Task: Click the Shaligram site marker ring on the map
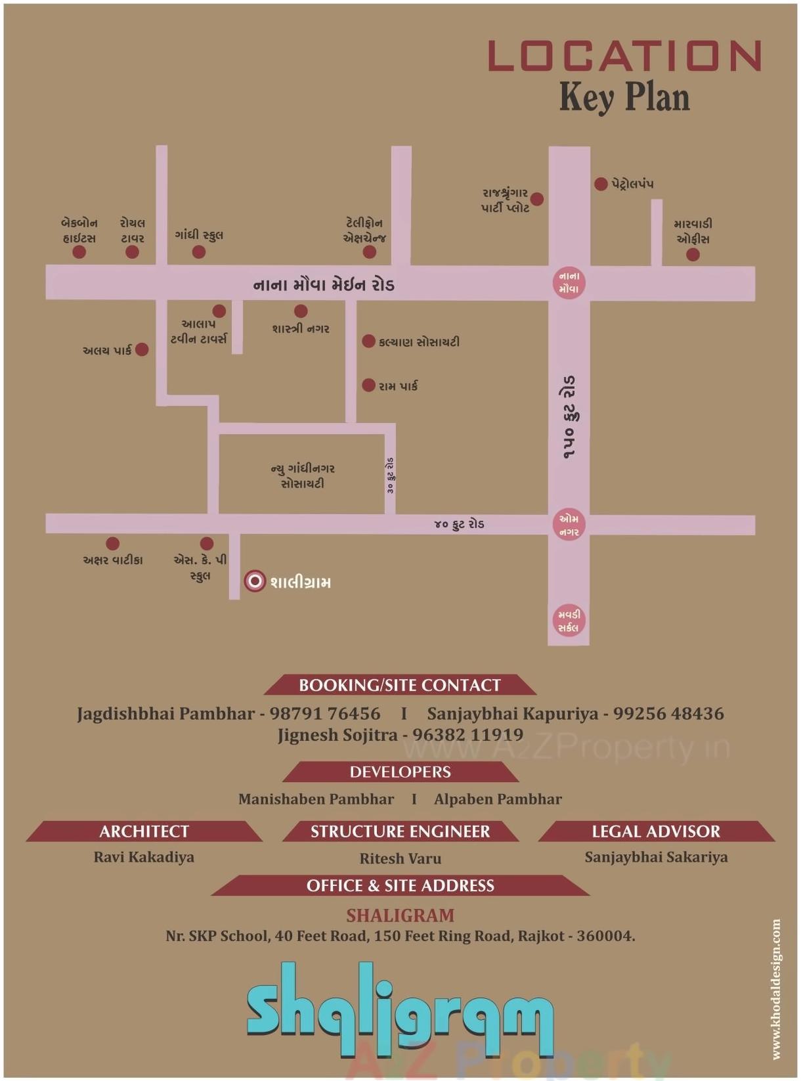click(255, 581)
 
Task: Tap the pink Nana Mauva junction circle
click(569, 283)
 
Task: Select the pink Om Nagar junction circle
click(569, 525)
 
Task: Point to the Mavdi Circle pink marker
click(569, 621)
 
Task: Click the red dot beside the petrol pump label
click(601, 184)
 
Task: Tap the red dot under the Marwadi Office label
click(693, 254)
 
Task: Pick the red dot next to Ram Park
click(369, 385)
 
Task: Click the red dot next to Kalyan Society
click(369, 341)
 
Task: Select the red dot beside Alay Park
click(142, 349)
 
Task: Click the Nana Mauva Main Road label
click(324, 285)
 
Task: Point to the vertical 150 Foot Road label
click(569, 417)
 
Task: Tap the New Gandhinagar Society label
click(303, 476)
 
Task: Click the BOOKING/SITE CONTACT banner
click(400, 685)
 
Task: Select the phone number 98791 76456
click(325, 714)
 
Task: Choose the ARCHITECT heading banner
click(144, 831)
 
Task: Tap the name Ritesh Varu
click(401, 858)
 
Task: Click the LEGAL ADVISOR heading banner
click(656, 831)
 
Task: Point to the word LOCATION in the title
click(624, 56)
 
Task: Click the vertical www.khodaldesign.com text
click(776, 988)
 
